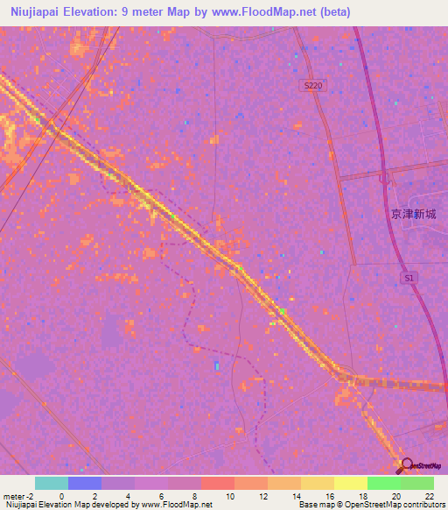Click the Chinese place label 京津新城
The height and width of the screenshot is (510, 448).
(413, 213)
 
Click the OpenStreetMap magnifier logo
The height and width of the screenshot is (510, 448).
(405, 464)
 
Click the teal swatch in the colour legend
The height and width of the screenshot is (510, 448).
(51, 483)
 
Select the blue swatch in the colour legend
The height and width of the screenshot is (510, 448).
(84, 483)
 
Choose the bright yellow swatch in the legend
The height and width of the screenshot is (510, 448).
(350, 483)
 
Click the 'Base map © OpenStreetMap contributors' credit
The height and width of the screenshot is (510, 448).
(371, 505)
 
